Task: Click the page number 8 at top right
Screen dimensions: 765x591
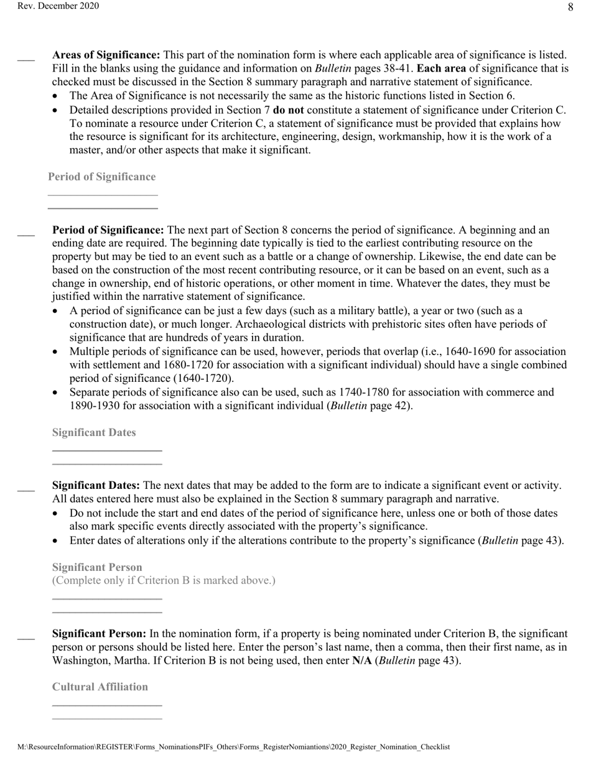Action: (570, 7)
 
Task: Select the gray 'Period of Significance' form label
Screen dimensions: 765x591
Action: (102, 177)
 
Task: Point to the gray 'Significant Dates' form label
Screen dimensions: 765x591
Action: (94, 432)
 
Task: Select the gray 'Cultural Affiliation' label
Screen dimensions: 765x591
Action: (100, 687)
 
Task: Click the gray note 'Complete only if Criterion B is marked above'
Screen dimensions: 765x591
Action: (164, 580)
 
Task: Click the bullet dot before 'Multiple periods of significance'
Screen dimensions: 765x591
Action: (57, 352)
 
